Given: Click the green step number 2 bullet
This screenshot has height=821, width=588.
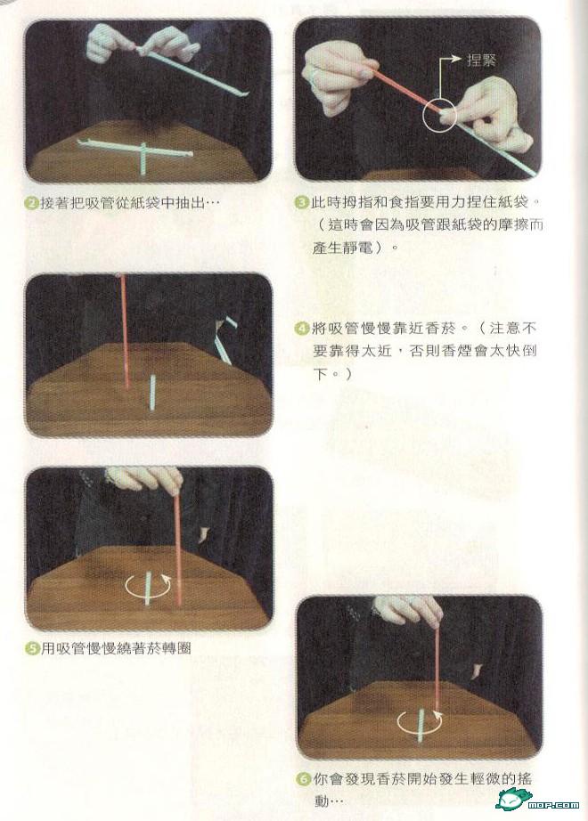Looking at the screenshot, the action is coord(33,203).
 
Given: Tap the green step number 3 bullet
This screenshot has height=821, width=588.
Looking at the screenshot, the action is coord(302,202).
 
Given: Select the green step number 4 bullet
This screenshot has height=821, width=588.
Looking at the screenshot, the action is coord(302,329).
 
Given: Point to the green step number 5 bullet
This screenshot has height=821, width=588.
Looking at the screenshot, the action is coord(33,648).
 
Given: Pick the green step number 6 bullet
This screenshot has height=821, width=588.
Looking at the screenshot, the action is coord(304,778).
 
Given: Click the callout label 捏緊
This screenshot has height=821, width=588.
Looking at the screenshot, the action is coord(482,60).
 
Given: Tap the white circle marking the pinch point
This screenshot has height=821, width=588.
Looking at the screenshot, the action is coord(439,114).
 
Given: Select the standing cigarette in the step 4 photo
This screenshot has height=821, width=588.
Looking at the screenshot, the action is coord(152,393).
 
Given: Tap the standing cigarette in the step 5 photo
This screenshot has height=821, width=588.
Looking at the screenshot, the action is coord(148,589).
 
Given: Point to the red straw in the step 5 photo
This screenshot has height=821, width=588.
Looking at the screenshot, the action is coord(178,549).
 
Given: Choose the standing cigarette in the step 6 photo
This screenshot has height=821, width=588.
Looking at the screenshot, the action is coord(421,725).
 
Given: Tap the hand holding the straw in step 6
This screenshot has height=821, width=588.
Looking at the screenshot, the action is coord(409,611).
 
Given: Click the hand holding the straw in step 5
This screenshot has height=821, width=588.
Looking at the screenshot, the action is coord(144,479).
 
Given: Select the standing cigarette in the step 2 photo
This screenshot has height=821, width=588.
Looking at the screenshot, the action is coord(143,159).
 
